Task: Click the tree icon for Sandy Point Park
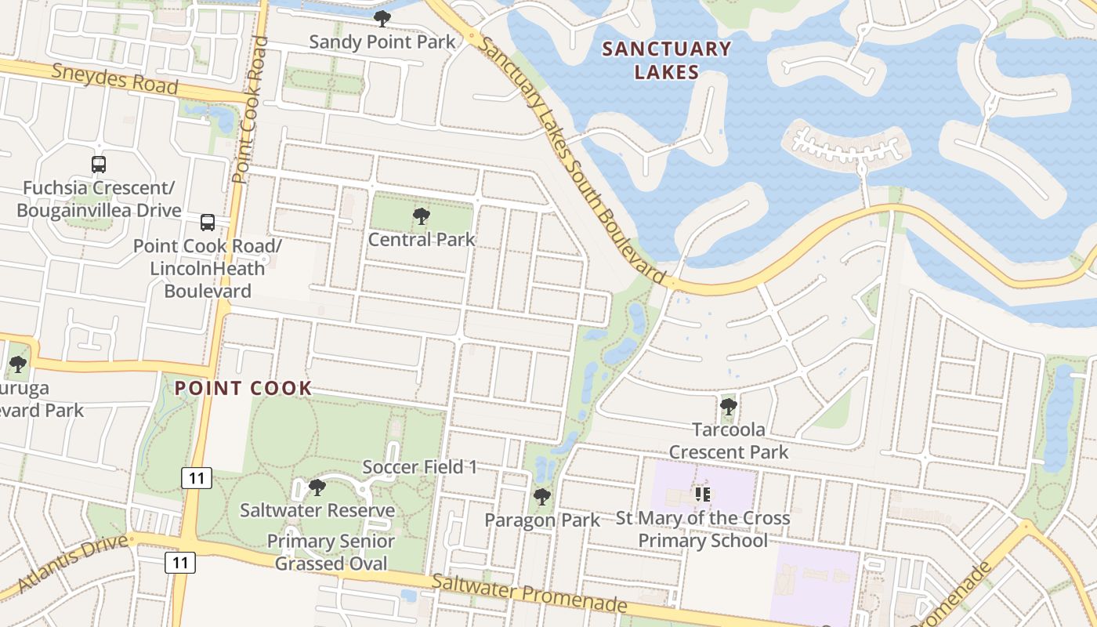click(x=382, y=19)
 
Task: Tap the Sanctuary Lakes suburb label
click(x=666, y=60)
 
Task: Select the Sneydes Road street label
click(x=115, y=78)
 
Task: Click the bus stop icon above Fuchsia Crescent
click(x=99, y=165)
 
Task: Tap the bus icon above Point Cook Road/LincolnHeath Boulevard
click(x=208, y=223)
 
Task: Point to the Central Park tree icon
click(x=422, y=216)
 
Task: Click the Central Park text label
click(x=422, y=239)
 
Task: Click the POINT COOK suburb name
click(x=243, y=388)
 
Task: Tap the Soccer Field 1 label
click(x=420, y=467)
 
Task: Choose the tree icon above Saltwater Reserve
click(x=317, y=487)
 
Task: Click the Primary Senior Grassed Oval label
click(x=331, y=553)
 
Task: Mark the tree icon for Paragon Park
click(x=541, y=497)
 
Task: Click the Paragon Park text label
click(x=542, y=520)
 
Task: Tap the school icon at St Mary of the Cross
click(x=702, y=494)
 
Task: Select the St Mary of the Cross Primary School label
click(x=703, y=529)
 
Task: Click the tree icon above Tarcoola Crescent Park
click(x=729, y=407)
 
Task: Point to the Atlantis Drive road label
click(x=72, y=564)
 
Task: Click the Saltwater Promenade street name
click(x=530, y=593)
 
